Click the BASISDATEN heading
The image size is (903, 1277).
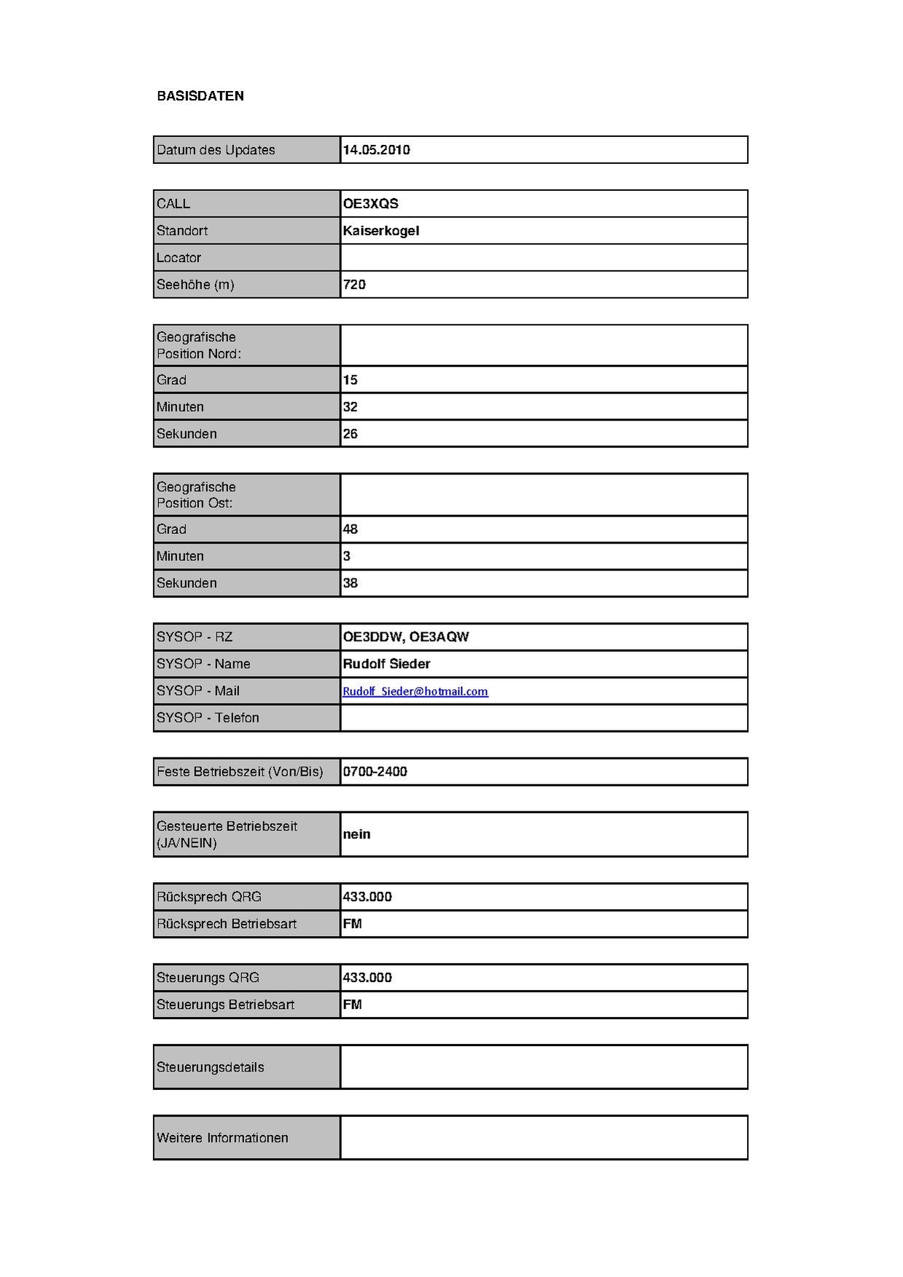[x=200, y=96]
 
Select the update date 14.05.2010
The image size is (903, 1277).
[x=376, y=150]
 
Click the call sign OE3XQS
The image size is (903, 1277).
[x=370, y=204]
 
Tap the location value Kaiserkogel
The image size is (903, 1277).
[x=380, y=231]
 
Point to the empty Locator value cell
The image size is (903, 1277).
[x=543, y=258]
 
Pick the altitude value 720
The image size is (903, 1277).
[x=354, y=285]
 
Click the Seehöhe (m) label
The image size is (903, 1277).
[x=195, y=285]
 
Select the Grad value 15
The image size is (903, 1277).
[x=350, y=380]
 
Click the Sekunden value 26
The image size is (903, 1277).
[x=350, y=434]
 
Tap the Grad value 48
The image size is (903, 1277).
[x=350, y=530]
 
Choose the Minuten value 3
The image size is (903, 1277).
[x=346, y=557]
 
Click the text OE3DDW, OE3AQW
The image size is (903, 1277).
[x=405, y=637]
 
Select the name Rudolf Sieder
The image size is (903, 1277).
[x=386, y=664]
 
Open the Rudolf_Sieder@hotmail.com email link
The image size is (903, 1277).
[x=415, y=691]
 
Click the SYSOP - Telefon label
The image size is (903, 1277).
[x=208, y=718]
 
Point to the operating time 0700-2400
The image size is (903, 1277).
[x=375, y=772]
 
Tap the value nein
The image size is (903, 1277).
[x=356, y=835]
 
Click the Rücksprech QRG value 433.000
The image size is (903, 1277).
[x=367, y=897]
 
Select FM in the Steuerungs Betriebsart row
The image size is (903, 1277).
[x=352, y=1005]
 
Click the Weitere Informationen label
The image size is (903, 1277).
[x=222, y=1138]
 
